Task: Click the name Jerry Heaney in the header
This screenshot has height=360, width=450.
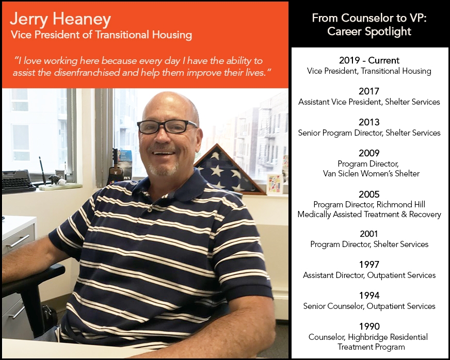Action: point(60,20)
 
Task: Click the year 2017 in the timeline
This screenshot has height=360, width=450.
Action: point(369,91)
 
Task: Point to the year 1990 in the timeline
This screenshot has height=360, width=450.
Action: point(369,326)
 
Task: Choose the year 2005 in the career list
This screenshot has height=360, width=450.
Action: point(369,194)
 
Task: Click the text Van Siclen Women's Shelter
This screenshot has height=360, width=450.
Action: point(371,173)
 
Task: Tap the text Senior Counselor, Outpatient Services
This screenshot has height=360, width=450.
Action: point(369,306)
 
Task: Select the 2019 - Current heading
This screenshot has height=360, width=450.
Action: point(369,60)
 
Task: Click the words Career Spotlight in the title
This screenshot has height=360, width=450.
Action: point(369,31)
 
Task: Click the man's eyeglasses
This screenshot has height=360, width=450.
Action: point(167,126)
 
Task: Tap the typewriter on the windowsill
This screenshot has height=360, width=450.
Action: point(18,182)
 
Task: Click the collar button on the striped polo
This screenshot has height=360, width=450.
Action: point(150,209)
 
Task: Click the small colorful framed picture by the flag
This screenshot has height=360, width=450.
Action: point(275,184)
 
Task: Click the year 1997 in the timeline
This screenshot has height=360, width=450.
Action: point(369,265)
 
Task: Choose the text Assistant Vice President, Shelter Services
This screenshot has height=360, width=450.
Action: point(369,102)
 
